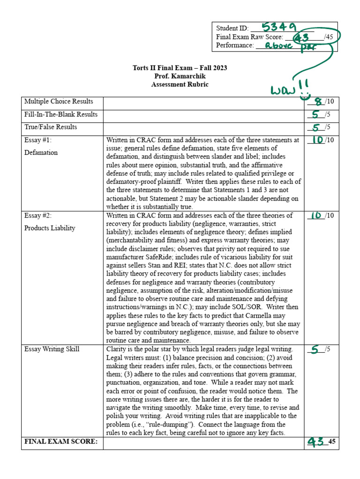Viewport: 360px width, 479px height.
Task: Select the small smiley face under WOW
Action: click(x=306, y=95)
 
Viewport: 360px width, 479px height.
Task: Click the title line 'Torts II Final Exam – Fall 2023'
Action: click(x=180, y=68)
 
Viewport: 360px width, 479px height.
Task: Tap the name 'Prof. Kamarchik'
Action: click(x=180, y=76)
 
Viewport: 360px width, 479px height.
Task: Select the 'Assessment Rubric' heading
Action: click(x=180, y=85)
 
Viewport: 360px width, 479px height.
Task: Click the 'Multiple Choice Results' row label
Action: click(x=59, y=102)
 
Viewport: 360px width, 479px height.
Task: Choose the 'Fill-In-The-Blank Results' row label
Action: click(x=61, y=115)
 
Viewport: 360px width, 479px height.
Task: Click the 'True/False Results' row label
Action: click(x=51, y=127)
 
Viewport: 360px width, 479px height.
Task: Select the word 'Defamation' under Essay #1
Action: click(x=41, y=152)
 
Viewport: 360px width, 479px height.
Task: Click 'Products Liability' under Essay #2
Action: click(x=50, y=228)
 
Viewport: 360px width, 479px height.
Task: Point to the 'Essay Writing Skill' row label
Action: click(x=52, y=349)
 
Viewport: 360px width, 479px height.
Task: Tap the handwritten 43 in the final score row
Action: click(x=317, y=442)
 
